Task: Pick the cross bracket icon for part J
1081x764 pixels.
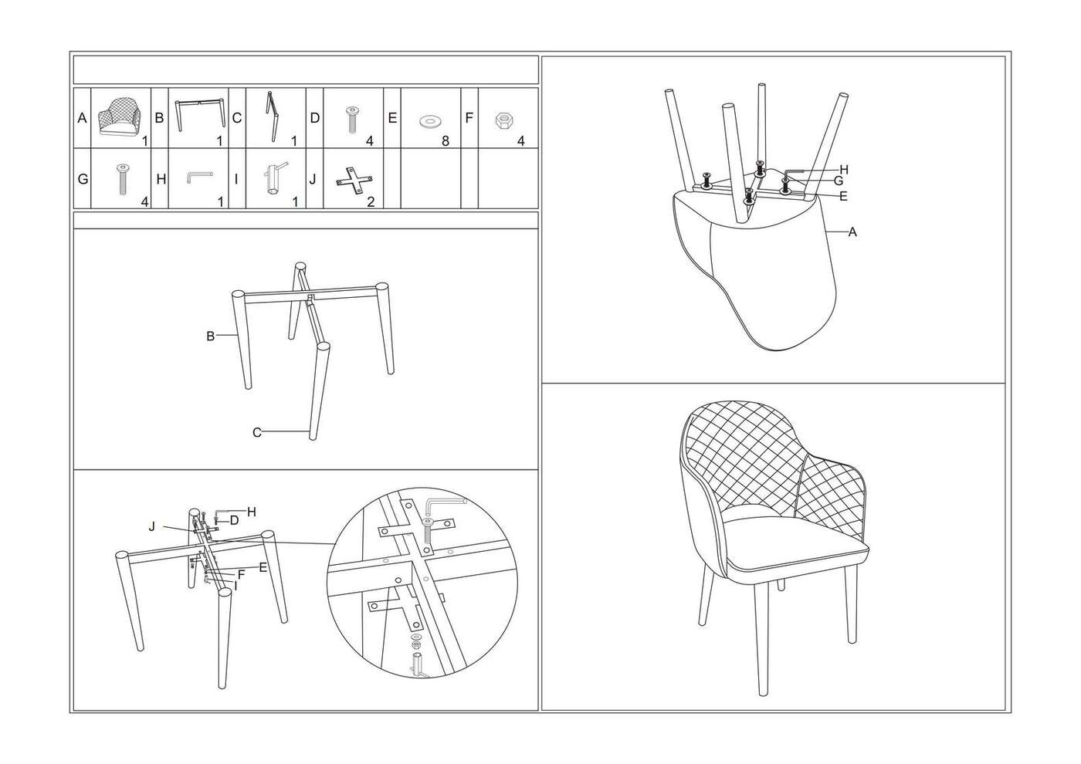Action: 354,181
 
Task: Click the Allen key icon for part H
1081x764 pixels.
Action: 198,177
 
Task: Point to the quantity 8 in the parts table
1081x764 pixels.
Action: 445,140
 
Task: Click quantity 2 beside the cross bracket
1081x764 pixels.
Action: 371,201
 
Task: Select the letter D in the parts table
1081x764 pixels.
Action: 315,117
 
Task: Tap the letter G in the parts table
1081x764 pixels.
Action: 83,179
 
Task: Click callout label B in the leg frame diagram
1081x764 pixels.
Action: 210,336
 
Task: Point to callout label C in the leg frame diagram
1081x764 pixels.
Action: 256,433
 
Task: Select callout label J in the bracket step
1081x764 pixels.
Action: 152,526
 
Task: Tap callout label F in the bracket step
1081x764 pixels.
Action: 241,574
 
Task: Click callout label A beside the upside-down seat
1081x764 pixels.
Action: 852,232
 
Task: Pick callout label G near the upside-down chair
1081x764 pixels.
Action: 839,181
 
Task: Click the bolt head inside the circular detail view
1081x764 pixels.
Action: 427,522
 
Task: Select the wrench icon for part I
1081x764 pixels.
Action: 274,177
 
